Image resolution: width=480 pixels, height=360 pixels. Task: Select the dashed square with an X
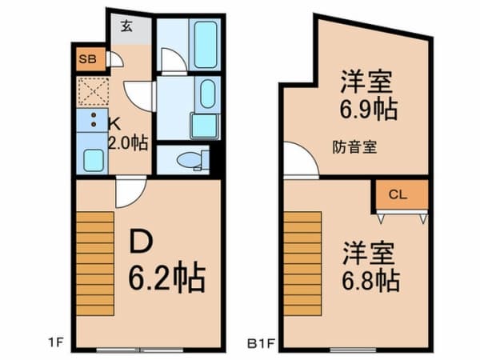click(x=93, y=93)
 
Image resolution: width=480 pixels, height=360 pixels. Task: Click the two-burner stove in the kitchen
click(x=93, y=122)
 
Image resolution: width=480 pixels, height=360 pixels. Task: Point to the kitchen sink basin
click(x=93, y=159)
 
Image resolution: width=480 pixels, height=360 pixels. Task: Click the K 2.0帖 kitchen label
click(x=126, y=134)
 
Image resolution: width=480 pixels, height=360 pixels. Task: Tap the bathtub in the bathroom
click(x=205, y=45)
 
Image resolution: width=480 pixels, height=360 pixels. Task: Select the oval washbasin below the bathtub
click(x=205, y=95)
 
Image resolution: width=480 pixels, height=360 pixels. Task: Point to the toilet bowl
click(x=191, y=160)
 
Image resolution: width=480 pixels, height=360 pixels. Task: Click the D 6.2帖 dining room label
click(x=166, y=260)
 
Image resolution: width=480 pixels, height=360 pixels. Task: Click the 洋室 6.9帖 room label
click(x=367, y=94)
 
